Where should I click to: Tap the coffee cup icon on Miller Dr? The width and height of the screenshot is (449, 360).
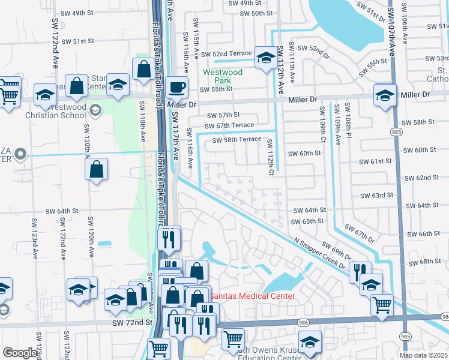coord(176,87)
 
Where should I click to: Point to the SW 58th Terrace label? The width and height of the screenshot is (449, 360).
coord(237,139)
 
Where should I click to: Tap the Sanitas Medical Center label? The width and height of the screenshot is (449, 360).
coord(252,296)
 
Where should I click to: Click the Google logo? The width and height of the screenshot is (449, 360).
coord(20,353)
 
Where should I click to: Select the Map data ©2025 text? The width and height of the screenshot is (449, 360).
coord(424,355)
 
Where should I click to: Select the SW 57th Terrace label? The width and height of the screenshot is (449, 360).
coord(229,126)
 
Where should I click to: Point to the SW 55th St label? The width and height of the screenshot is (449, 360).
coord(215,89)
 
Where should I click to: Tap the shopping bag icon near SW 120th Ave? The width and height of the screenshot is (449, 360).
coord(97,170)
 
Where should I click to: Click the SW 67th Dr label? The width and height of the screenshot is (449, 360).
coord(360,236)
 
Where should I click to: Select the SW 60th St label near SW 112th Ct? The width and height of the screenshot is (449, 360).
coord(304,154)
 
